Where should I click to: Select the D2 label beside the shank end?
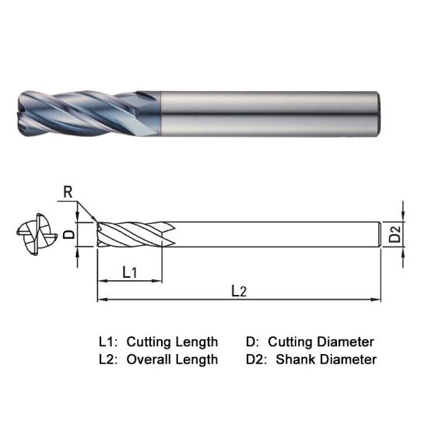[x=395, y=234]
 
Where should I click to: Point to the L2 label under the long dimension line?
[x=239, y=291]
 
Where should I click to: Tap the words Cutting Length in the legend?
[x=172, y=342]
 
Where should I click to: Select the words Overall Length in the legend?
[x=172, y=360]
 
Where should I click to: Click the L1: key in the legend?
[x=109, y=342]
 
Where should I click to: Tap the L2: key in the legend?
[x=109, y=360]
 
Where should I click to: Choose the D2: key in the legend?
[x=258, y=360]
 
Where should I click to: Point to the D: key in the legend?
[x=252, y=342]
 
